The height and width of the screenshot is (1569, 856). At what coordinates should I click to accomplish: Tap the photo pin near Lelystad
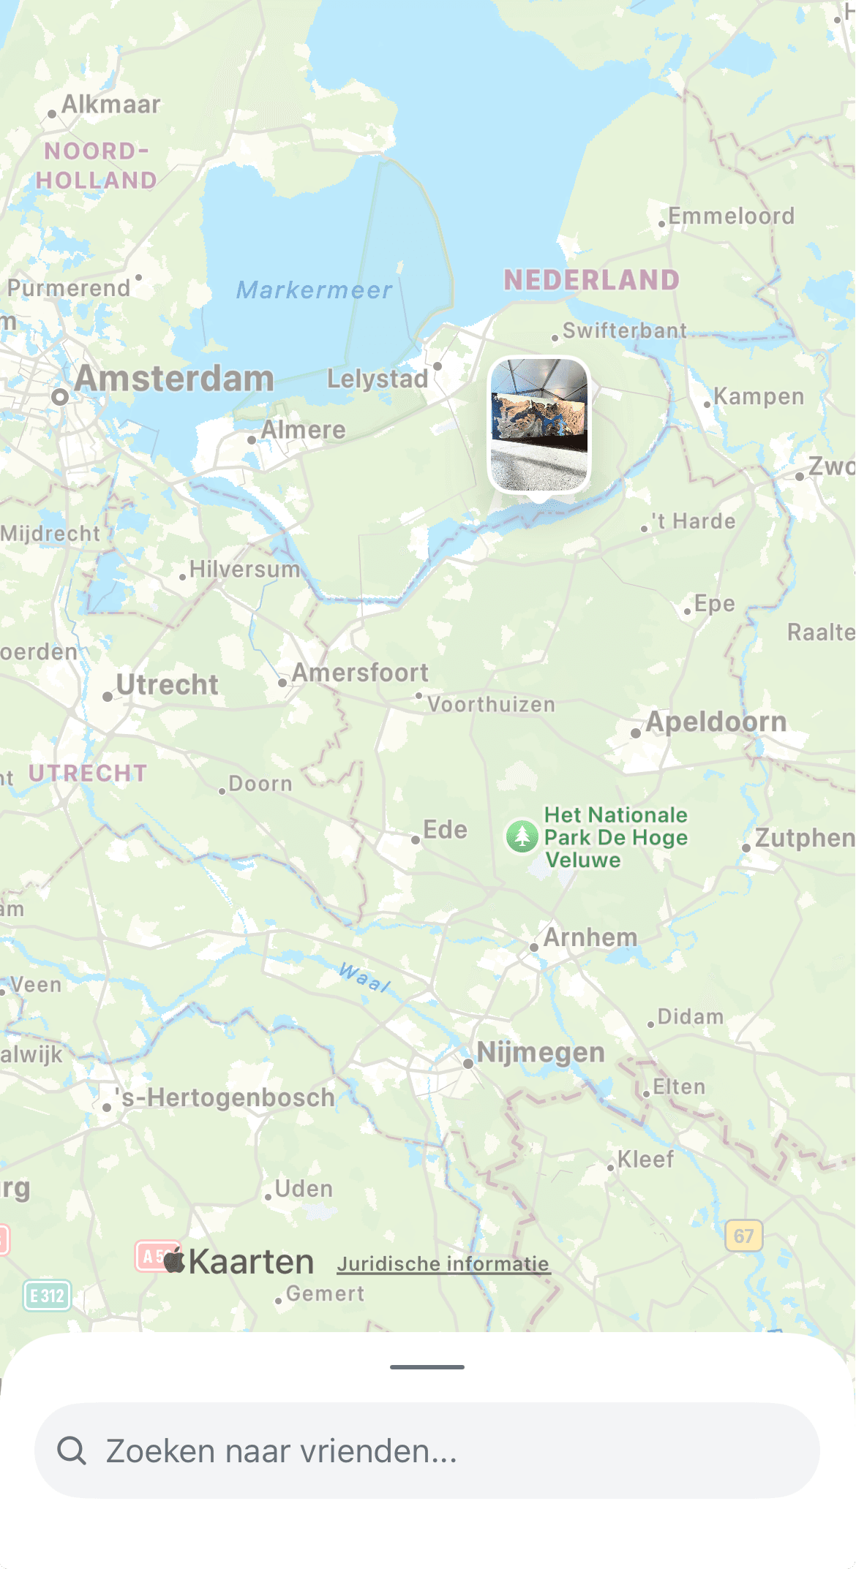pos(539,425)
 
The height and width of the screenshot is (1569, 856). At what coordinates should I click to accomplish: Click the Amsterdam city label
pos(173,379)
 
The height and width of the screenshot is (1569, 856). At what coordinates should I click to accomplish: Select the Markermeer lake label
pos(314,290)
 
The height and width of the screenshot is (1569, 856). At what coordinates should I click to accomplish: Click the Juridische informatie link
pos(443,1264)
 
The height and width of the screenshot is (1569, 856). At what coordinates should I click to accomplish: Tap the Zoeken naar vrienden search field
pos(427,1451)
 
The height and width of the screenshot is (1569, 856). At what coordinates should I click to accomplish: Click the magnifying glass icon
pos(72,1451)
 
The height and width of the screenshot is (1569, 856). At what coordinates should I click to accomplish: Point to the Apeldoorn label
pos(715,722)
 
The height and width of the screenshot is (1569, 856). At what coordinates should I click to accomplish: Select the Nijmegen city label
pos(540,1052)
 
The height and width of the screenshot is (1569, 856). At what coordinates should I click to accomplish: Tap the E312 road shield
pos(47,1296)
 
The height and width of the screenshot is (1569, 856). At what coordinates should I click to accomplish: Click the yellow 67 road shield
pos(743,1236)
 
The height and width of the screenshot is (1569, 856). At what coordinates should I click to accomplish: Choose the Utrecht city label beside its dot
pos(167,685)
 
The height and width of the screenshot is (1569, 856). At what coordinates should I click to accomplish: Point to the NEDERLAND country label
pos(591,280)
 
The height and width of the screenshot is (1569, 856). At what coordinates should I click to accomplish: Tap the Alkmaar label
pos(110,105)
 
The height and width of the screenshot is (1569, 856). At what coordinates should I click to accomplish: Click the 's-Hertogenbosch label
pos(225,1097)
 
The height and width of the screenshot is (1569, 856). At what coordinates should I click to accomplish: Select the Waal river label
pos(364,978)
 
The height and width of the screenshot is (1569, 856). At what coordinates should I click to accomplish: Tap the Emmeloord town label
pos(730,216)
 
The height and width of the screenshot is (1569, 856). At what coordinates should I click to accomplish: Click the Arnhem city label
pos(590,937)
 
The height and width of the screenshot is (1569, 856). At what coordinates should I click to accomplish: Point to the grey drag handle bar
pos(427,1366)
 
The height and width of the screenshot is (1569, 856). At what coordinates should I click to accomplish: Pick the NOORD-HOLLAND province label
pos(97,166)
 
